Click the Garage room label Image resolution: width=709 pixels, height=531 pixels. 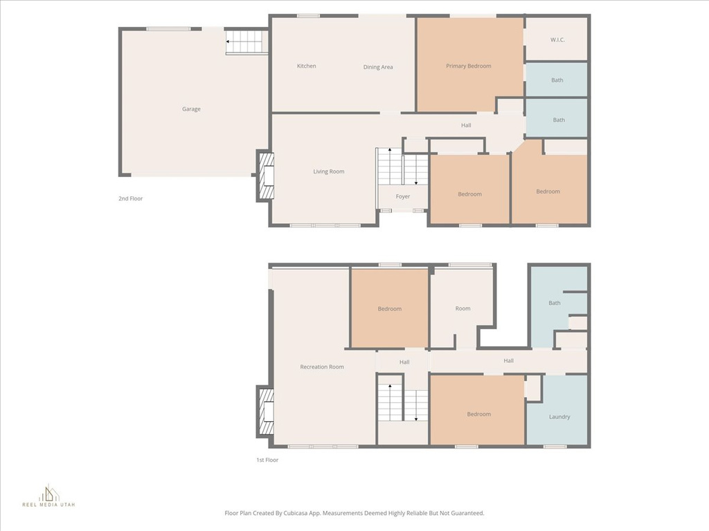point(191,109)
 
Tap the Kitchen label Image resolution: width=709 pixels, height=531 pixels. point(307,66)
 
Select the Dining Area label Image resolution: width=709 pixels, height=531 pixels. point(378,67)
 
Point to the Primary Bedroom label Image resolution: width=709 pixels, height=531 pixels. point(469,66)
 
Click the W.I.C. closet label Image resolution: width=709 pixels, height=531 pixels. point(557,39)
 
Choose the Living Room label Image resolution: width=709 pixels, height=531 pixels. point(329,171)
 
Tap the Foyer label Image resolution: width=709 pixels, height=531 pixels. point(403,196)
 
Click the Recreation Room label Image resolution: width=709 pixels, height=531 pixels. point(322,366)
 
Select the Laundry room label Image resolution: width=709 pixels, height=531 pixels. point(559,417)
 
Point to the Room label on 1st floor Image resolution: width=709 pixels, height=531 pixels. point(463,308)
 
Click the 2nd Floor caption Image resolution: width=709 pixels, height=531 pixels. point(131,198)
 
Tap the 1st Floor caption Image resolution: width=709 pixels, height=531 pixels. point(267,460)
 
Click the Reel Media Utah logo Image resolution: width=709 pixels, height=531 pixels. point(49,495)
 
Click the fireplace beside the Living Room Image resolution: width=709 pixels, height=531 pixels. point(265,176)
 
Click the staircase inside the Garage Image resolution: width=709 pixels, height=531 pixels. point(244,41)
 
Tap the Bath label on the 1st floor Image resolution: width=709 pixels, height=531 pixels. point(555,303)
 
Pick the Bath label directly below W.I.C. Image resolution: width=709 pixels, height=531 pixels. point(557,80)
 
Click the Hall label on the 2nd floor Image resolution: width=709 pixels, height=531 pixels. point(466,125)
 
